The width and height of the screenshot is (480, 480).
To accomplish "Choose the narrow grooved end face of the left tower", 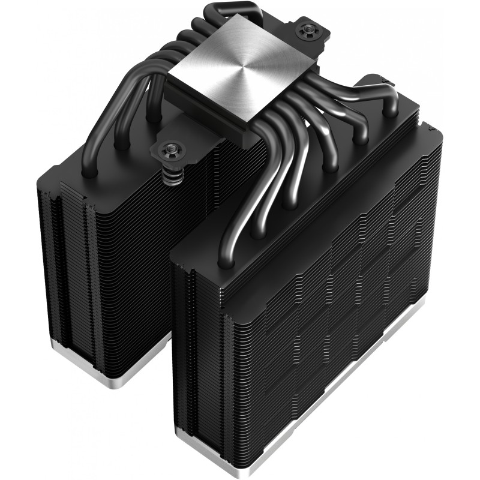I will tap(66, 270).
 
